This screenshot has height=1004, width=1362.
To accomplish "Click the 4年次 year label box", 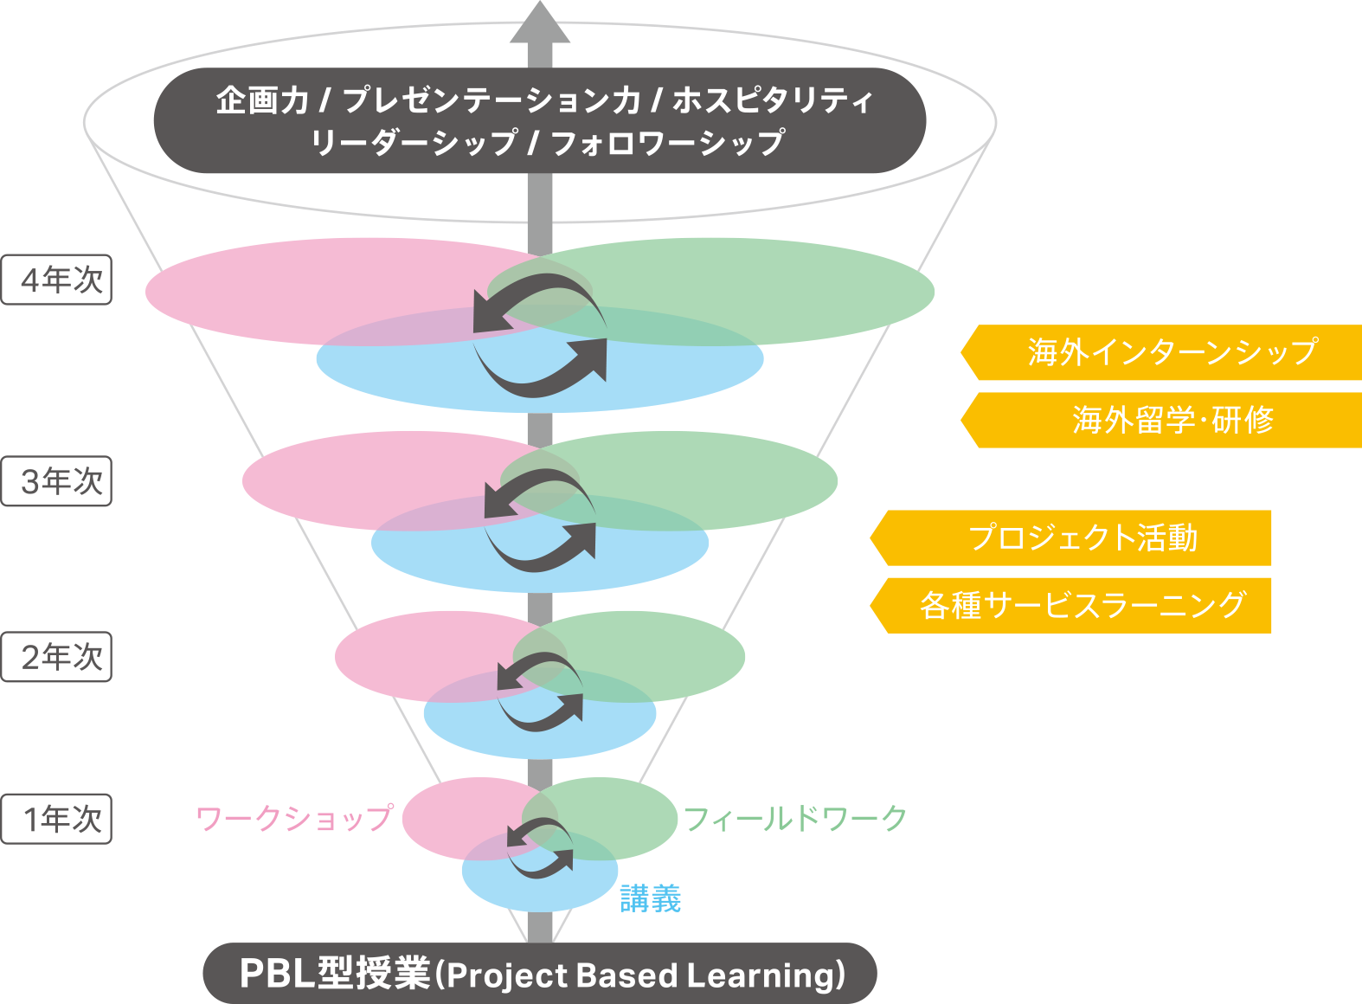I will point(57,280).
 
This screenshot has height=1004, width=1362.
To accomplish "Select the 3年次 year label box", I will point(57,481).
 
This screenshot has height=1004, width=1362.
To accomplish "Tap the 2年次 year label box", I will point(57,657).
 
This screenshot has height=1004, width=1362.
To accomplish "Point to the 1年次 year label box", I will point(57,819).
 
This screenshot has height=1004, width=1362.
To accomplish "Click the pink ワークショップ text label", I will point(294,818).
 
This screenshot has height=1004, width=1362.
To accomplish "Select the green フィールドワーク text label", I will point(794,818).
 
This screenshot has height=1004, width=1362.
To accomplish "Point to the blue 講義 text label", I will point(651,899).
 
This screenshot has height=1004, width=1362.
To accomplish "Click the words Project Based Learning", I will point(645,975).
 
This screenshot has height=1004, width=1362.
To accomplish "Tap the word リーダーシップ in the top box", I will point(414,143).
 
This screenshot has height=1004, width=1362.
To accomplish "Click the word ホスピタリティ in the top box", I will point(773,100).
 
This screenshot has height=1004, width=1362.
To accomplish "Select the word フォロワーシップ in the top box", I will point(667,143).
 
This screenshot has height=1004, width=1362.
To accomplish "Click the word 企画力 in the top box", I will point(262,100).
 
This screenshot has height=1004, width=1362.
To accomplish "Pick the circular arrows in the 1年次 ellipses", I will point(540,848).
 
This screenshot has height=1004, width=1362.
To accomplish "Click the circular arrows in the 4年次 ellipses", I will point(540,336).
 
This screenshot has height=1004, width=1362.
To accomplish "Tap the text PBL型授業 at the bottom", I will point(334,974).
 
